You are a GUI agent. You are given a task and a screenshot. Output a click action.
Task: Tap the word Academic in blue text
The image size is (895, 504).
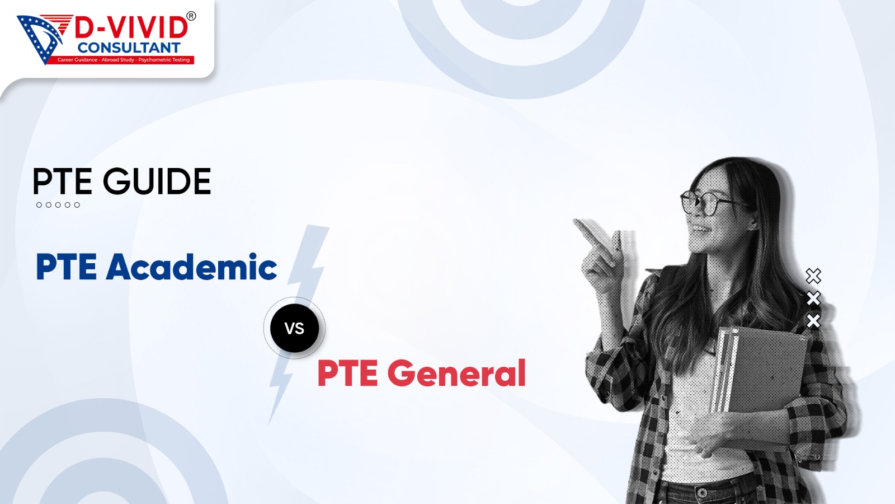click(x=191, y=267)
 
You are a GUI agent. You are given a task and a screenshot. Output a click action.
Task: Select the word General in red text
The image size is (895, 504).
click(x=456, y=373)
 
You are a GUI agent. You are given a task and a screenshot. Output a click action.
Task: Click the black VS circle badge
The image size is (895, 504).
click(x=294, y=328)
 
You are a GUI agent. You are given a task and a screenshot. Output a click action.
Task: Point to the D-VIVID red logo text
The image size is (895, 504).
click(x=131, y=28)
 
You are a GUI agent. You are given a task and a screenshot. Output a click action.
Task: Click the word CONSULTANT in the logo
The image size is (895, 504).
click(x=129, y=48)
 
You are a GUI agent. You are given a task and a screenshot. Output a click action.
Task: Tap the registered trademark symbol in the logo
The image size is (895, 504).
click(x=191, y=16)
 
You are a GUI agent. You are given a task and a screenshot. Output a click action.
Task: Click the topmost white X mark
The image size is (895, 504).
click(x=813, y=276)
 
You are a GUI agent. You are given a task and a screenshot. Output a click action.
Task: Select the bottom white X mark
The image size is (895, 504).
click(x=813, y=321)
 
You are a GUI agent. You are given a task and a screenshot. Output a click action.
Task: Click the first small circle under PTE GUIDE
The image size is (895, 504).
click(x=39, y=205)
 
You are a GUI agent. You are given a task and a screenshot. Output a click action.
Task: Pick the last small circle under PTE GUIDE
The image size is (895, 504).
click(x=77, y=205)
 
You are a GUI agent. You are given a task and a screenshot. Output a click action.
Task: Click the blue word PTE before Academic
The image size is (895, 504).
click(x=67, y=267)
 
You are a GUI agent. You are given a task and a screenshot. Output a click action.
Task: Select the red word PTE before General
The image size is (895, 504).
click(x=347, y=373)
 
